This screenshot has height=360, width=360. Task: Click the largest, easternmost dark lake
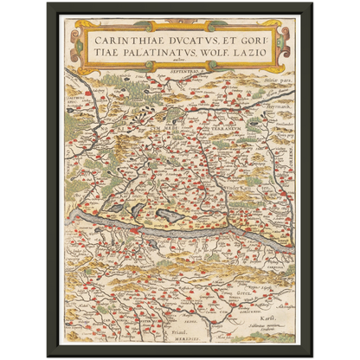[170, 217]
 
